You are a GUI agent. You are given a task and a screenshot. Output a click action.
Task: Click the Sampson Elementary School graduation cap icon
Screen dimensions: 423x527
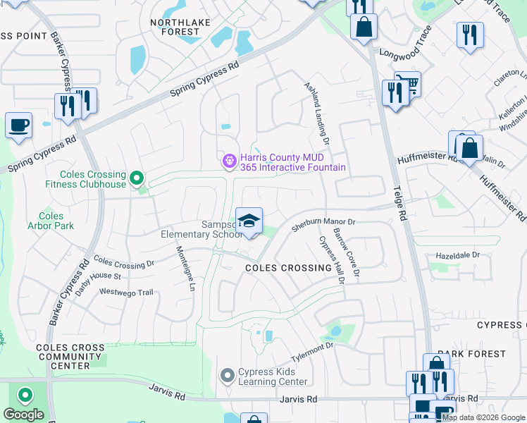coord(249,221)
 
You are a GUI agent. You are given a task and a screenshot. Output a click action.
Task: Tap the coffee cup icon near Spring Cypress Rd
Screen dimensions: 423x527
coord(18,125)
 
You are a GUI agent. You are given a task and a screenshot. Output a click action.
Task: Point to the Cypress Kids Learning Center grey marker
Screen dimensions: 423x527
coord(227,375)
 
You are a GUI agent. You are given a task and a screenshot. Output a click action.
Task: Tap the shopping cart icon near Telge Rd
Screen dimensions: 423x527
coord(407,84)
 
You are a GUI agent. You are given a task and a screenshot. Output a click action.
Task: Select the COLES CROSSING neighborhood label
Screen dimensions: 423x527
coord(288,269)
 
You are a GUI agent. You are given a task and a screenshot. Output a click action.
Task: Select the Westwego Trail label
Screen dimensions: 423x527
coord(126,292)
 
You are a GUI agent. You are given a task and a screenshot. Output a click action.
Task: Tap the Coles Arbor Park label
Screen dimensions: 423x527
coord(51,221)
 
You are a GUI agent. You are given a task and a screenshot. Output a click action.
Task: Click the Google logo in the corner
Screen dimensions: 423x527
coord(23,415)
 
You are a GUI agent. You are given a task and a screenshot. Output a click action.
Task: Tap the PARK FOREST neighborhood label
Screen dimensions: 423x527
coord(471,354)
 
